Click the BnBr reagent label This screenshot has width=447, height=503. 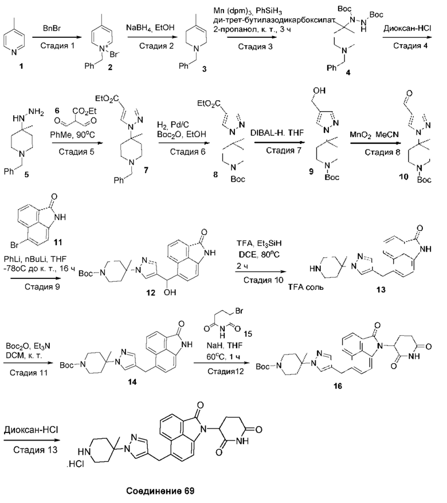pyautogui.click(x=52, y=29)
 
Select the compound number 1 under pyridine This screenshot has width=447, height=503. pyautogui.click(x=21, y=66)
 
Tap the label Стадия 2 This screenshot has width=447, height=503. pyautogui.click(x=156, y=46)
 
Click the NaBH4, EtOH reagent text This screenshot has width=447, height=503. pyautogui.click(x=150, y=28)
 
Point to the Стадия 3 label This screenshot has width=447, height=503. pyautogui.click(x=255, y=47)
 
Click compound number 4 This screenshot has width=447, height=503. pyautogui.click(x=348, y=73)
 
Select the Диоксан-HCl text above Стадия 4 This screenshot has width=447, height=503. pyautogui.click(x=407, y=28)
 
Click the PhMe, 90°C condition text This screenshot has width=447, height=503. pyautogui.click(x=73, y=135)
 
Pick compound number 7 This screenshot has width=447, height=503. pyautogui.click(x=146, y=170)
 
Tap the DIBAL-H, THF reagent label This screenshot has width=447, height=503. pyautogui.click(x=277, y=133)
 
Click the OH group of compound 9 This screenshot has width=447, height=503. pyautogui.click(x=319, y=91)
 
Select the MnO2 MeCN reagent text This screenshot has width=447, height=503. pyautogui.click(x=374, y=135)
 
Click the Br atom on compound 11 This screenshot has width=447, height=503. pyautogui.click(x=15, y=245)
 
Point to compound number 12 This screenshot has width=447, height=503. pyautogui.click(x=151, y=293)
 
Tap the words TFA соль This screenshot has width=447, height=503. pyautogui.click(x=305, y=287)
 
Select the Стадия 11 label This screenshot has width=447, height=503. pyautogui.click(x=29, y=373)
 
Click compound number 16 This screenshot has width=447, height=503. pyautogui.click(x=338, y=386)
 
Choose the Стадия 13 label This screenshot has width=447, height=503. pyautogui.click(x=36, y=450)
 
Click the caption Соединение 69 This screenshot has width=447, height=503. pyautogui.click(x=160, y=491)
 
